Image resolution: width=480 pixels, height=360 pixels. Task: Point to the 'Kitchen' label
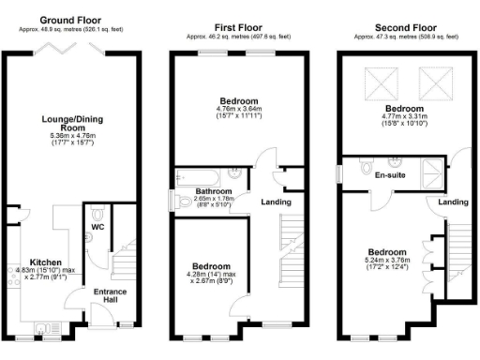point(46,262)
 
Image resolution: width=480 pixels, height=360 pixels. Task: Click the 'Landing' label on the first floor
point(276,202)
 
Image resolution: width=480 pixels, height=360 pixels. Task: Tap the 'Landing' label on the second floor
point(453,202)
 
